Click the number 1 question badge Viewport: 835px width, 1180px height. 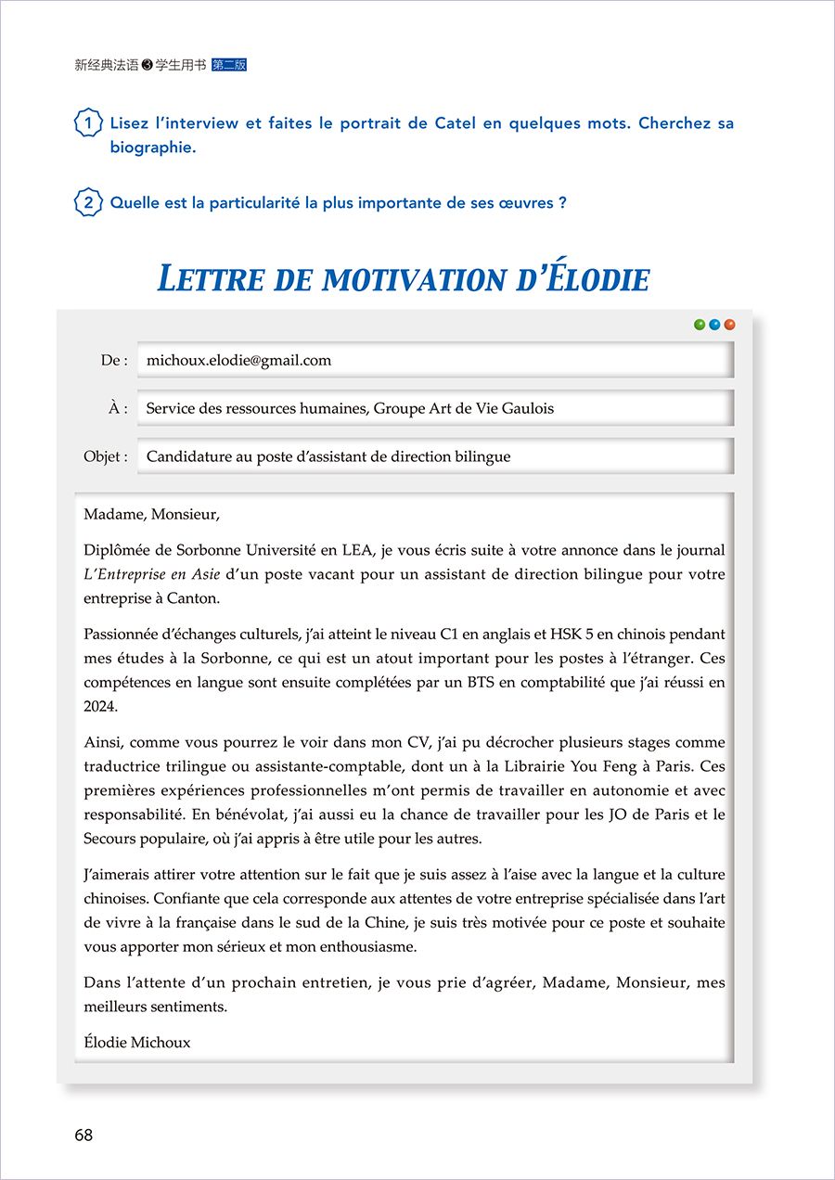(87, 123)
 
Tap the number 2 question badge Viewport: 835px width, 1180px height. (87, 203)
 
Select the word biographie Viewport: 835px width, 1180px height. (152, 147)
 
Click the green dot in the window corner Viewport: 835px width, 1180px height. (700, 325)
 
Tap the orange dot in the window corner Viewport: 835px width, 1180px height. (730, 325)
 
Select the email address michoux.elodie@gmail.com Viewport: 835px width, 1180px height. (238, 361)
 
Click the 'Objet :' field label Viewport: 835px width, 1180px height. (106, 457)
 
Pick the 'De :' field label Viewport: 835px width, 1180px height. (114, 361)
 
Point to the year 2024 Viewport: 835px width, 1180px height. (100, 707)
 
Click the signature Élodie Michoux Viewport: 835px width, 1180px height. (136, 1043)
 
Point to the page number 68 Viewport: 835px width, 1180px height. (83, 1135)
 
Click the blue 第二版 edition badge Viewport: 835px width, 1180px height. (229, 66)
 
